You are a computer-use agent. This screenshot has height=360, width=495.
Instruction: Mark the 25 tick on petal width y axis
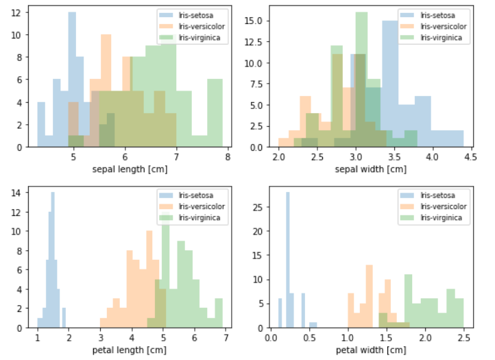(x=259, y=206)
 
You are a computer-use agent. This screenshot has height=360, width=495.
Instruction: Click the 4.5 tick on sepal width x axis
(x=470, y=157)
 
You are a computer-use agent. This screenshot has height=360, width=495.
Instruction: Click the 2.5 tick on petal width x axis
(x=464, y=338)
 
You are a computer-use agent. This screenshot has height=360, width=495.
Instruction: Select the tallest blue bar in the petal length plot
(x=53, y=261)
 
